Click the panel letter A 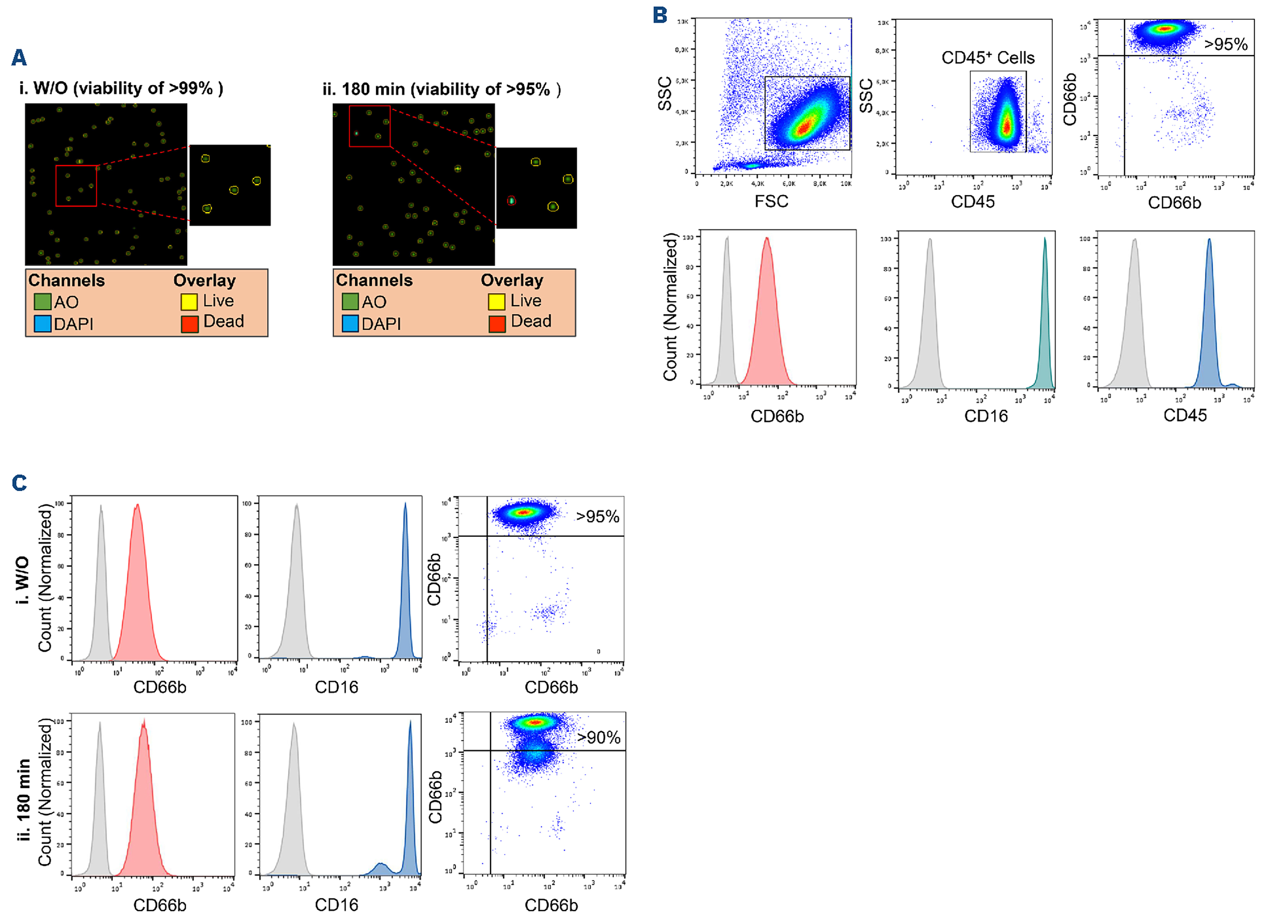[x=19, y=57]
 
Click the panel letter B [x=660, y=15]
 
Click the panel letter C [x=20, y=483]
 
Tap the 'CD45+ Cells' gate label [x=988, y=58]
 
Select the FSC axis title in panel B [x=771, y=201]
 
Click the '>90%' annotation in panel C [x=599, y=738]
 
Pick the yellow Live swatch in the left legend [x=189, y=302]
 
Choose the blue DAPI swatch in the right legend [x=350, y=324]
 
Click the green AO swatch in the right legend [x=350, y=302]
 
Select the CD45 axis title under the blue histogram [x=1185, y=415]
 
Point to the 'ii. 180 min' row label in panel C [x=23, y=799]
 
